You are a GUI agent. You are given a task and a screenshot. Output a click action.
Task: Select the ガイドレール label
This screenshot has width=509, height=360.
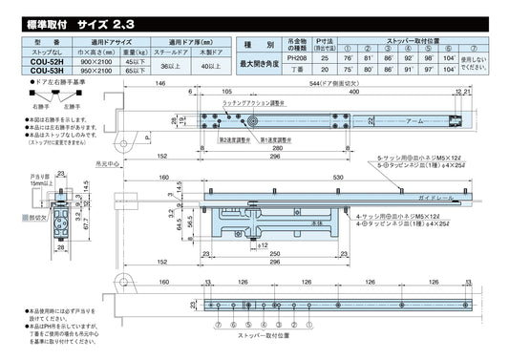tap(456, 198)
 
